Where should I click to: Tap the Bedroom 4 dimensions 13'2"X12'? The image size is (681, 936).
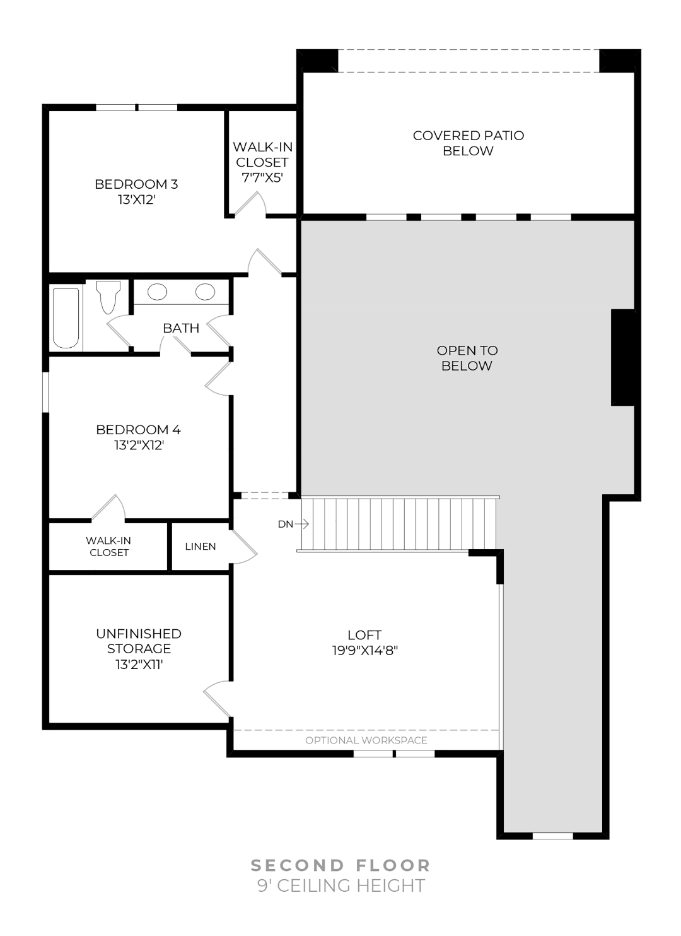pyautogui.click(x=139, y=445)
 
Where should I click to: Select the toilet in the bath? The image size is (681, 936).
pyautogui.click(x=108, y=297)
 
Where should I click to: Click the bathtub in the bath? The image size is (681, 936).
pyautogui.click(x=66, y=318)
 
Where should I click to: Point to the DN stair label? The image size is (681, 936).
pyautogui.click(x=285, y=524)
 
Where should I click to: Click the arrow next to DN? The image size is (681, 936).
pyautogui.click(x=301, y=524)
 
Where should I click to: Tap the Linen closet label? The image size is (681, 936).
pyautogui.click(x=201, y=546)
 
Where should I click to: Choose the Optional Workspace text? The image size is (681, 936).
pyautogui.click(x=366, y=740)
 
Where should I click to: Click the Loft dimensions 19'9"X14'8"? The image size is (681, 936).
pyautogui.click(x=365, y=650)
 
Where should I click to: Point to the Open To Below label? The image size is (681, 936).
pyautogui.click(x=467, y=358)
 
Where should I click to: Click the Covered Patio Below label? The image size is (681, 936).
pyautogui.click(x=468, y=143)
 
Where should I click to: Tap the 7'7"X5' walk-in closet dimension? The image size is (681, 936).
pyautogui.click(x=262, y=177)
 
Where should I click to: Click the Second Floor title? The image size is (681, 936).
pyautogui.click(x=340, y=865)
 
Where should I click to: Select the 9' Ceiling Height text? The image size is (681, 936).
pyautogui.click(x=341, y=886)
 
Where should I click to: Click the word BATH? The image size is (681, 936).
pyautogui.click(x=181, y=328)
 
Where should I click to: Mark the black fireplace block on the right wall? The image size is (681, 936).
pyautogui.click(x=624, y=357)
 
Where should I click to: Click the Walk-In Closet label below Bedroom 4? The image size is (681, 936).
pyautogui.click(x=108, y=547)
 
